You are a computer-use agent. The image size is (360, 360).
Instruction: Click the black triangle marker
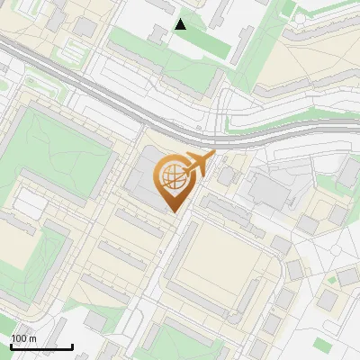coord(181,24)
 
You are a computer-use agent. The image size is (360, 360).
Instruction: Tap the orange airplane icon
coord(199,165)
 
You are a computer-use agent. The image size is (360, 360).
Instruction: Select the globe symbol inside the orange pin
coord(171,177)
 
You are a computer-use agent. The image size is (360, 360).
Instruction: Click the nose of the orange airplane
coord(213,155)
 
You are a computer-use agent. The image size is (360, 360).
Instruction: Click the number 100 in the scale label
coord(19,338)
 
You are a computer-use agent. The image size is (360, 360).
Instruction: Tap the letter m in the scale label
coord(32,338)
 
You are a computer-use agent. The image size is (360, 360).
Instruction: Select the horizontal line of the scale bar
coord(41,347)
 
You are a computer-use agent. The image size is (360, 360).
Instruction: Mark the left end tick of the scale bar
coord(11,346)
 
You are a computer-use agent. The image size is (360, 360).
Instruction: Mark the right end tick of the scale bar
coord(72,346)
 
